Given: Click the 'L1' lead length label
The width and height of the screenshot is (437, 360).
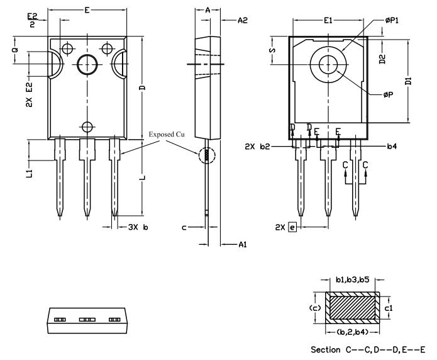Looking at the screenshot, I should click(30, 171).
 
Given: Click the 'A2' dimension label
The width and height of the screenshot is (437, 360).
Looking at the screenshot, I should click(242, 21).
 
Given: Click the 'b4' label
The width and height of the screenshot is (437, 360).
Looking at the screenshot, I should click(391, 147).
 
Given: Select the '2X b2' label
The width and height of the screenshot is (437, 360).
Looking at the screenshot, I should click(259, 147).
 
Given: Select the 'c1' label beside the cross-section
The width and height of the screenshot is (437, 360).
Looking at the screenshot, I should click(389, 307).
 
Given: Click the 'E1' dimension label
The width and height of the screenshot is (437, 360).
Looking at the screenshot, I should click(328, 21).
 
